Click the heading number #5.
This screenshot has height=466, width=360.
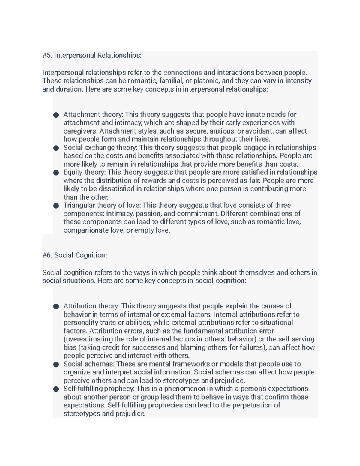47,55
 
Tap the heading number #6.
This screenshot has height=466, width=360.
47,255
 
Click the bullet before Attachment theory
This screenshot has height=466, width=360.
56,115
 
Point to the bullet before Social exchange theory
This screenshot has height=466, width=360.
56,148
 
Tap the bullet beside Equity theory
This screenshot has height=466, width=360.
56,173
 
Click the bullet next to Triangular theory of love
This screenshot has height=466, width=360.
56,206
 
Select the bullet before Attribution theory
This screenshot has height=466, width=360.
56,306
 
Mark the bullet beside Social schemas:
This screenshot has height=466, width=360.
56,364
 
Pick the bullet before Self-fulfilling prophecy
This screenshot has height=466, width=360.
56,389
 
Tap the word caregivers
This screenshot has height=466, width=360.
80,131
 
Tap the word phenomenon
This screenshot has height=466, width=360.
181,389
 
